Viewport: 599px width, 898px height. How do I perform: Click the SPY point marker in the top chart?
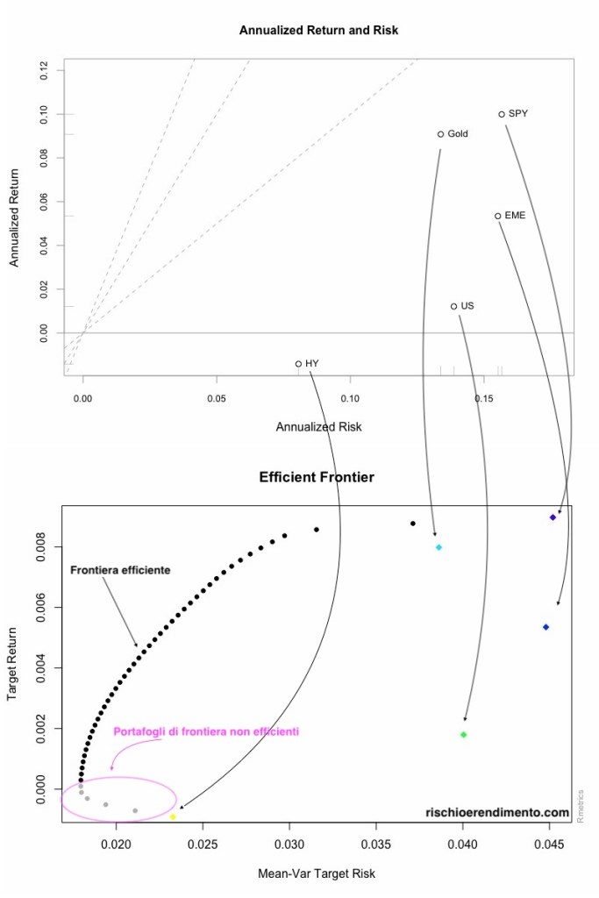point(502,114)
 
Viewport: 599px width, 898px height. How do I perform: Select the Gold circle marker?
point(440,134)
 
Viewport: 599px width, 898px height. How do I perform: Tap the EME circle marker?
point(497,216)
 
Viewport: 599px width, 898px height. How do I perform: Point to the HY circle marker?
point(298,364)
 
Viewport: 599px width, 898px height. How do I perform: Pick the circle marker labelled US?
point(453,306)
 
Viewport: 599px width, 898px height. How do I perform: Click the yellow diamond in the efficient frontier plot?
point(173,816)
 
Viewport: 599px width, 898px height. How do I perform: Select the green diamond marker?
point(463,734)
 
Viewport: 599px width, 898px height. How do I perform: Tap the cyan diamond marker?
point(439,547)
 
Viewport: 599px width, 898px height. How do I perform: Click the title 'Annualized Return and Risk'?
point(318,31)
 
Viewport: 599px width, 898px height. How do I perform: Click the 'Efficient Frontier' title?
point(317,478)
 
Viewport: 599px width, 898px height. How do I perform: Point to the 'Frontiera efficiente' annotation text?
point(120,570)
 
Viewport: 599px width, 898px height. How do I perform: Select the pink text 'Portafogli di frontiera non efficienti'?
point(206,731)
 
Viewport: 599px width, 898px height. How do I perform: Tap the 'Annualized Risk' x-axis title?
point(318,427)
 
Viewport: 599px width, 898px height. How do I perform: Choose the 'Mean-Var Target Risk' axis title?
point(316,874)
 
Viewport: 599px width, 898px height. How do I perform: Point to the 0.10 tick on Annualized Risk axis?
point(350,398)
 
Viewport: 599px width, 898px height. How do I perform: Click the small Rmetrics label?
point(581,805)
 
